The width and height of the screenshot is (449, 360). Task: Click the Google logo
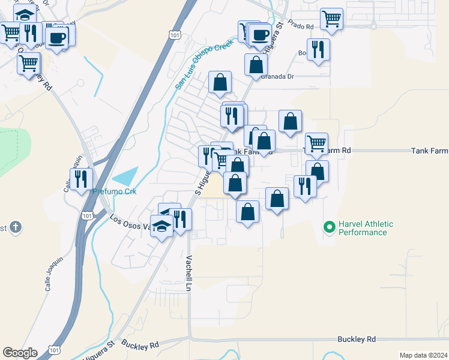[20, 353]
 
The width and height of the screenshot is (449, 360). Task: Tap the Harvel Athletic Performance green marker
[329, 227]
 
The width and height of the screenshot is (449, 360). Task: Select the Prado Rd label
[301, 26]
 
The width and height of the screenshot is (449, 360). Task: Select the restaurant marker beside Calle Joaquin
[80, 179]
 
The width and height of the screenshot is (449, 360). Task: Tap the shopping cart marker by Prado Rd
[331, 19]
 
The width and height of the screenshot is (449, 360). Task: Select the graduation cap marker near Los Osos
[161, 227]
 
